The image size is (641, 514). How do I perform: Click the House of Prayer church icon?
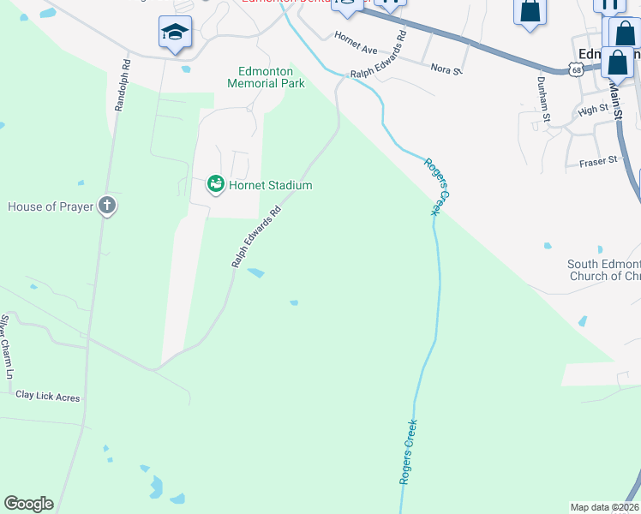(106, 206)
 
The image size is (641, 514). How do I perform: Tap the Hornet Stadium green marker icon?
(216, 184)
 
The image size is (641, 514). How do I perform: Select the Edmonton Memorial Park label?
(267, 77)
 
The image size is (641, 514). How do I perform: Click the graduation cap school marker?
(175, 33)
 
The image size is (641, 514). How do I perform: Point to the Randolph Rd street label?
(121, 85)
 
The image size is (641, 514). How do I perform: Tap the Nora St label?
(446, 68)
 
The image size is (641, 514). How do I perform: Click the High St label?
(592, 110)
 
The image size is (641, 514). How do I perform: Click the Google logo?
(28, 504)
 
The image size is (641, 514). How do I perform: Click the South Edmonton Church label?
(604, 271)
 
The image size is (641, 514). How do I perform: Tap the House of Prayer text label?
(50, 206)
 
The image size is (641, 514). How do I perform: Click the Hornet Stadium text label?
(269, 185)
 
